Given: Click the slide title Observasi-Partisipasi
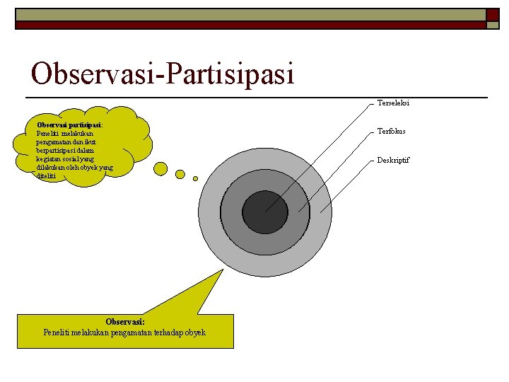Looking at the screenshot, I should [x=162, y=73].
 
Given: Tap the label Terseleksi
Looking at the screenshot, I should [x=393, y=103].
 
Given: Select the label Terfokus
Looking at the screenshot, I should [x=391, y=132].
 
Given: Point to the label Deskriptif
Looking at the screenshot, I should [x=393, y=160].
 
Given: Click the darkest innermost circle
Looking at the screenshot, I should [x=265, y=212].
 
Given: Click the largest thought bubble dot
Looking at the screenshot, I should [x=160, y=168].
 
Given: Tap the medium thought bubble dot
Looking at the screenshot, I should [x=180, y=174].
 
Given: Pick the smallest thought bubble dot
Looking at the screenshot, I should [x=196, y=178].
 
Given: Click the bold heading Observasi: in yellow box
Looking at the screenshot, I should [x=124, y=322].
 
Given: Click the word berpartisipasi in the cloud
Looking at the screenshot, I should [x=56, y=150].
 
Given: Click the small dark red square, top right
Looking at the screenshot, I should [x=493, y=14].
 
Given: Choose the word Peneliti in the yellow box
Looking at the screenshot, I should [x=57, y=332].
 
